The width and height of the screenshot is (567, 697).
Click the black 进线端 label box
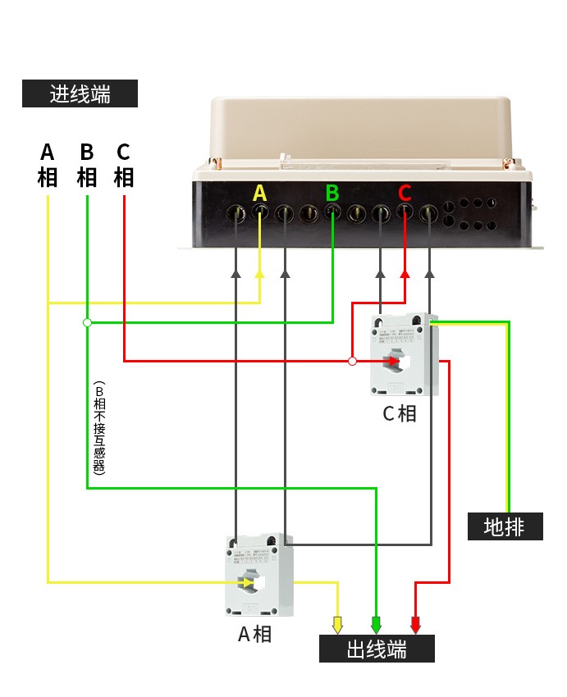(80, 93)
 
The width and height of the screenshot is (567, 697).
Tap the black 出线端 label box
(377, 649)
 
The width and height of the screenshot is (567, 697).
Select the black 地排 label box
(505, 526)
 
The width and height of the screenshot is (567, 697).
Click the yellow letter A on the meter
(260, 193)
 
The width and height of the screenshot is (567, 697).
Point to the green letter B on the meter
(332, 193)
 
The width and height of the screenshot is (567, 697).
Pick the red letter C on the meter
(405, 193)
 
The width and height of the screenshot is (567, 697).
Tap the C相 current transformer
(404, 354)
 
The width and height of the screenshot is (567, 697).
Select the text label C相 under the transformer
(400, 413)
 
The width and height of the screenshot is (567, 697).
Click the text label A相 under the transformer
(254, 634)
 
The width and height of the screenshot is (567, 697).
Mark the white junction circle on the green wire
(87, 322)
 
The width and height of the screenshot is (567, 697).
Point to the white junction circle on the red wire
(352, 361)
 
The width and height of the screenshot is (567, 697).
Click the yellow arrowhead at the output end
(336, 625)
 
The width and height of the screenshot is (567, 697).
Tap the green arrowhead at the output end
(376, 625)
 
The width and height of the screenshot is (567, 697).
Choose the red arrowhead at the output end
(415, 625)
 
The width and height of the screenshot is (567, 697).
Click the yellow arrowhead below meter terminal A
(260, 274)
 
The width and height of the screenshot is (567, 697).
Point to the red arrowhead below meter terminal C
(405, 274)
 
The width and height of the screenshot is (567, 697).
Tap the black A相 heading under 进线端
(48, 165)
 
